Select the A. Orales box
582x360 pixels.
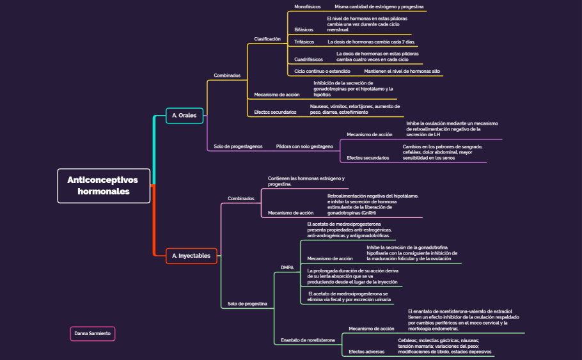(x=184, y=116)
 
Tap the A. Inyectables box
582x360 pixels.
(x=191, y=256)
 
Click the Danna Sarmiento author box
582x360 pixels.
(x=92, y=333)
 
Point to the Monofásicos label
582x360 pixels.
(x=308, y=6)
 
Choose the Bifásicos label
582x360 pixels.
(x=304, y=29)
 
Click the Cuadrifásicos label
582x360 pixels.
(x=309, y=59)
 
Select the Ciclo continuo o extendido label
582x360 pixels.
(x=322, y=71)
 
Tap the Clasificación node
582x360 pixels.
(x=267, y=39)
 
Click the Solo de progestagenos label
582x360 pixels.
(x=238, y=146)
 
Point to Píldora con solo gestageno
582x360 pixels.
(x=304, y=146)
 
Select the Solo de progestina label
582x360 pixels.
(x=248, y=303)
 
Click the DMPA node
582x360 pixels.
(x=287, y=267)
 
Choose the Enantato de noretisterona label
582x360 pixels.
(x=308, y=340)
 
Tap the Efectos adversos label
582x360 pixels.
(x=366, y=352)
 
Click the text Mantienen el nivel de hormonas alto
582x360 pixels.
(x=402, y=71)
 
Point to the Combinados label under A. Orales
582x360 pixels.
(x=227, y=75)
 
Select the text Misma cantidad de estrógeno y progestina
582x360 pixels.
(x=379, y=6)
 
